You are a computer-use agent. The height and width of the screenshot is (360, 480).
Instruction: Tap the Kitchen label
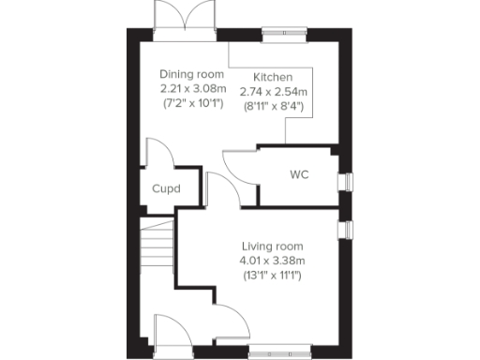point(274,77)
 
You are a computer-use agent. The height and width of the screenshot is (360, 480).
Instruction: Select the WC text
point(299,175)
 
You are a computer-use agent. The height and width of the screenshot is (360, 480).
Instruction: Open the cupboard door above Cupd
point(156,153)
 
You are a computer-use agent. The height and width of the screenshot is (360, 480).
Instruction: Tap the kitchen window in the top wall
point(280,36)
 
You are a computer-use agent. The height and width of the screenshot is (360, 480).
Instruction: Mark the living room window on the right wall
point(345,229)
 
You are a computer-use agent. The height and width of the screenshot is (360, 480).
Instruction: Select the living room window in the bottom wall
point(281,353)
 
